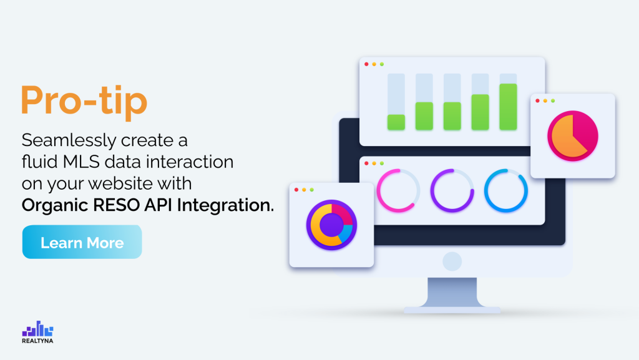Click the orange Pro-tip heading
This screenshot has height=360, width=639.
[x=84, y=100]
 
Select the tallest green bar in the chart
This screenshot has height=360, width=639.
[x=508, y=107]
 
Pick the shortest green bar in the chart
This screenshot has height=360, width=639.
[x=396, y=122]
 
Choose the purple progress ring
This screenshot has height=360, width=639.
[x=452, y=190]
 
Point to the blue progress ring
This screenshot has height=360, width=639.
[x=505, y=190]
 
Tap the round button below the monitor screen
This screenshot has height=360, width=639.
[x=452, y=261]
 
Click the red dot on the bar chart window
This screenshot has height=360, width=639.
[x=366, y=64]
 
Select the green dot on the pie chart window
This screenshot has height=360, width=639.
[x=553, y=100]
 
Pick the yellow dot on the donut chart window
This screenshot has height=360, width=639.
[x=304, y=189]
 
